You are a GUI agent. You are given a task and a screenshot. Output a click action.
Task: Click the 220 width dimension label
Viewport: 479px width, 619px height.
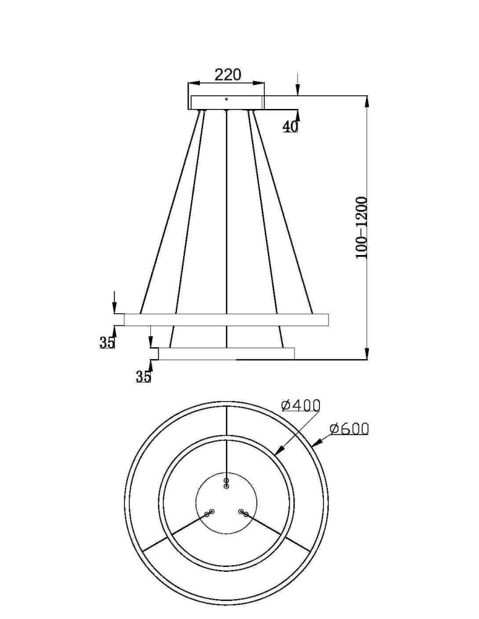227,75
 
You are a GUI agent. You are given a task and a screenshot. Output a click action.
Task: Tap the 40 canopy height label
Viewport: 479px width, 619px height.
290,126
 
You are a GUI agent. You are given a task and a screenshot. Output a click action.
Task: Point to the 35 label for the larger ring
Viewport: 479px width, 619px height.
107,342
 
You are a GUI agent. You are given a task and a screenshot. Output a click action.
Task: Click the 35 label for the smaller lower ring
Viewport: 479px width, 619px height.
143,376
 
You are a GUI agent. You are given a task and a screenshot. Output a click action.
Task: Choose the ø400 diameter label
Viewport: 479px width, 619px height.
301,405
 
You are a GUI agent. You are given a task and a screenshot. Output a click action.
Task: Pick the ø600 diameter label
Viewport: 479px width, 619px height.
349,428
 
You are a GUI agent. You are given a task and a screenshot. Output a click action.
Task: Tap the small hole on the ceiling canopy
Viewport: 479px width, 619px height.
227,99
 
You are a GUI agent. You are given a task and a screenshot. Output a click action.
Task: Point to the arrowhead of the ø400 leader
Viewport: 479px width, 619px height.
277,452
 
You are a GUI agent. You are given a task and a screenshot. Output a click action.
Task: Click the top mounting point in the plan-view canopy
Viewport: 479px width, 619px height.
227,482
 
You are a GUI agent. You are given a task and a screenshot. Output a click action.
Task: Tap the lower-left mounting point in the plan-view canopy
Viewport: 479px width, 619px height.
209,513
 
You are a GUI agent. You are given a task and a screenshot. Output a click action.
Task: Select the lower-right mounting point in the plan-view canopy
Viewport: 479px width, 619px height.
244,513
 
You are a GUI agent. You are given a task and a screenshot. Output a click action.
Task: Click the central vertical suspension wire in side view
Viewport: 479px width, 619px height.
227,217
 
